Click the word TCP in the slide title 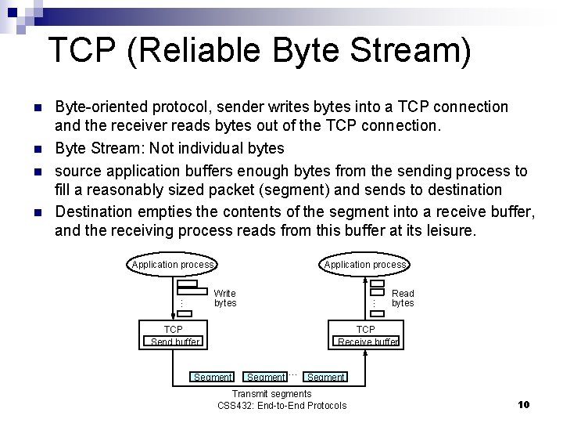pos(82,49)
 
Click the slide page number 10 pos(524,405)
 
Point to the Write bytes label pos(225,298)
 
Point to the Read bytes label pos(403,298)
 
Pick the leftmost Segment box pos(212,377)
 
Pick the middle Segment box pos(265,377)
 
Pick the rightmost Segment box pos(325,377)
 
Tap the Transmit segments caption pos(272,393)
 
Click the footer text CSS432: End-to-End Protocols pos(282,406)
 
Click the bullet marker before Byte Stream pos(38,149)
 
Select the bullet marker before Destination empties pos(38,212)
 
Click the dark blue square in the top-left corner pos(13,13)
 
